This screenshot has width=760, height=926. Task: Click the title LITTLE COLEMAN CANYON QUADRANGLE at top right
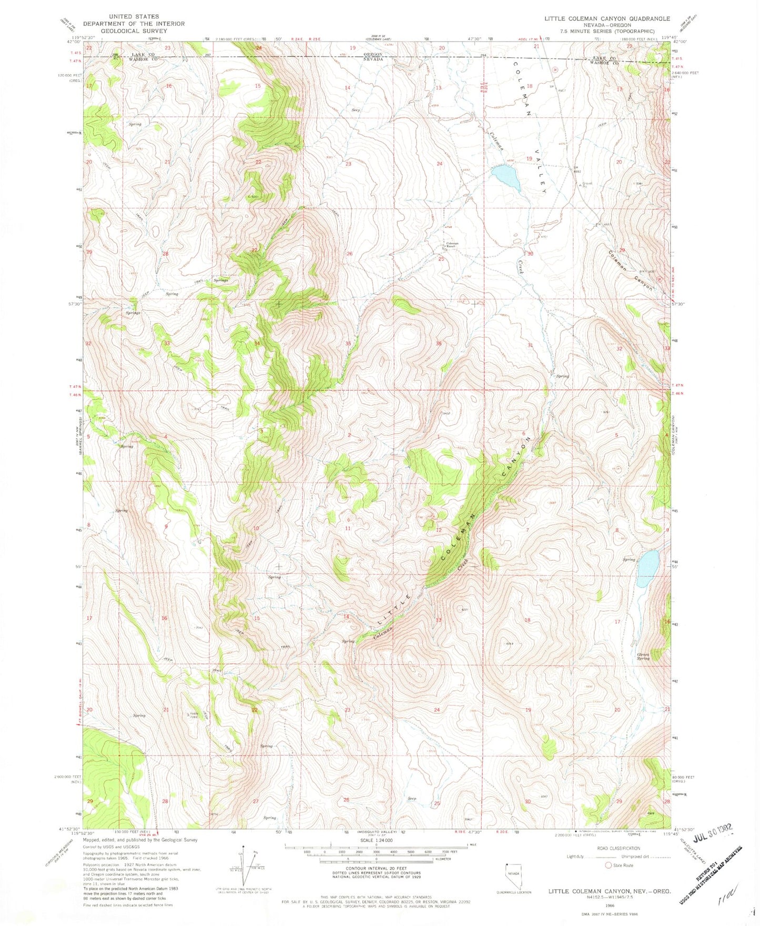(607, 18)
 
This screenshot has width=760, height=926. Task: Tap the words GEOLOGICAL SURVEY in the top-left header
(134, 31)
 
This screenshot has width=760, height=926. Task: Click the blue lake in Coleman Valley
(507, 177)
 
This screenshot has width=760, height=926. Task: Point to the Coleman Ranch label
(452, 245)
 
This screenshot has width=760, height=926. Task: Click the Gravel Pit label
(587, 184)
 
